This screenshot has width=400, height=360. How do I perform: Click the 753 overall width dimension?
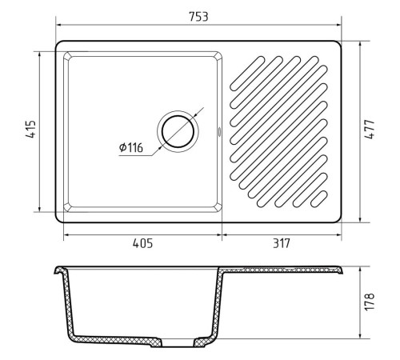point(198,17)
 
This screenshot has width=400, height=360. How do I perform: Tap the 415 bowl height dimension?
point(30,129)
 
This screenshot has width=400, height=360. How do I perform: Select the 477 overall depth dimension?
point(370,130)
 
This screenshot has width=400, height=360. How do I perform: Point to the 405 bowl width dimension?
point(142,243)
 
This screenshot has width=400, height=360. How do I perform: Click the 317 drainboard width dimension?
point(282,243)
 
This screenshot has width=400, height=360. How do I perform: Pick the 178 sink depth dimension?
point(370,302)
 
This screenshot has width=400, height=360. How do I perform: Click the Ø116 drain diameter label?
point(131,147)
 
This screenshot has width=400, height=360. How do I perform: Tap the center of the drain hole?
point(178,132)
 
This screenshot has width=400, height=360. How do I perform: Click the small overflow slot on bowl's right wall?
point(219,132)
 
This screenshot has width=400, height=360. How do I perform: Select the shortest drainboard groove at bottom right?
point(319,199)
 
